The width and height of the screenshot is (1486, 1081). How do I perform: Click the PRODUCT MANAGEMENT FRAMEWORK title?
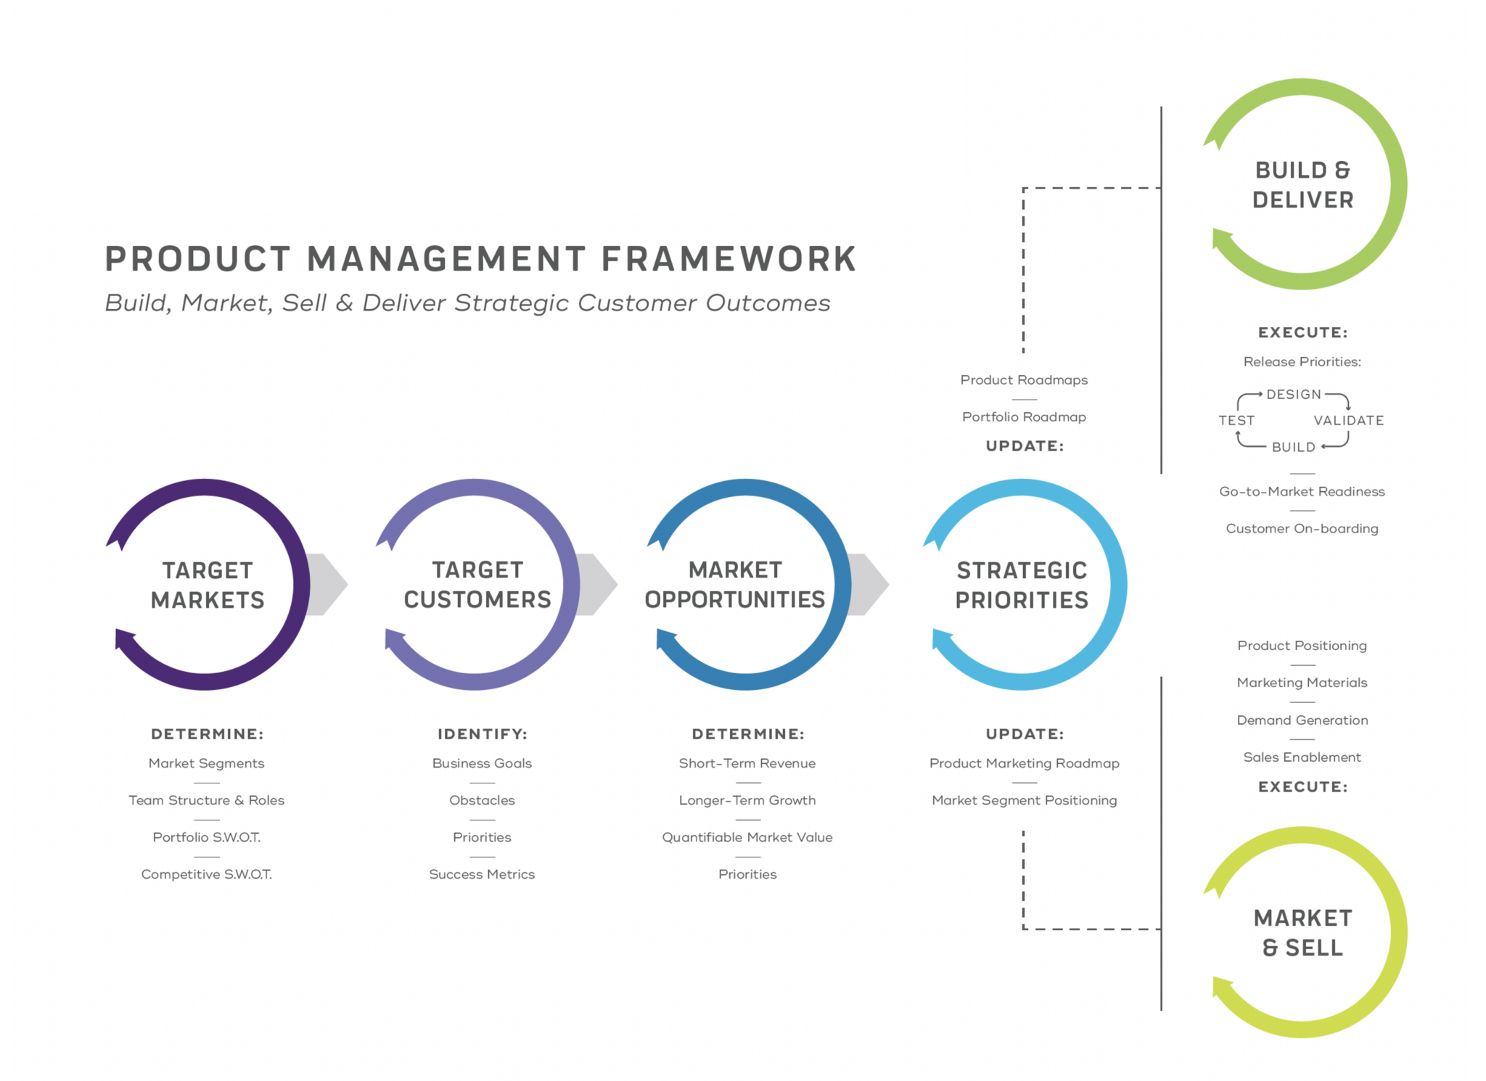point(480,259)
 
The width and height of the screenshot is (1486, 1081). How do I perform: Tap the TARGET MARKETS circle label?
point(208,585)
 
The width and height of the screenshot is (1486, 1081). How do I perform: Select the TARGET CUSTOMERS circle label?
point(477,585)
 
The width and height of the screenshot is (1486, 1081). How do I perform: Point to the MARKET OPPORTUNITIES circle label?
point(735,585)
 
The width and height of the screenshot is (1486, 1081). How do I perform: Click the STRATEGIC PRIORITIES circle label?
point(1022,585)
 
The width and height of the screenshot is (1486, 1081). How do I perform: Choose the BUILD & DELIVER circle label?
point(1302,185)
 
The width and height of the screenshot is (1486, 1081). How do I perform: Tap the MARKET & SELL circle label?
point(1302,933)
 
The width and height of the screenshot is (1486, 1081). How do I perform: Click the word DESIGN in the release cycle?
point(1294,395)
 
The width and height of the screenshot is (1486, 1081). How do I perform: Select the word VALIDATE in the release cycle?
point(1349,421)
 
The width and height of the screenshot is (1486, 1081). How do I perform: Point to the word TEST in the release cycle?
point(1236,421)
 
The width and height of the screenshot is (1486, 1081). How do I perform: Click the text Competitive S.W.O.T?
point(207,874)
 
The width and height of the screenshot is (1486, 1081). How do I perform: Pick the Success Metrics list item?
point(482,874)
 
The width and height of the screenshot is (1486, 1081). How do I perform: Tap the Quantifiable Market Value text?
point(747,837)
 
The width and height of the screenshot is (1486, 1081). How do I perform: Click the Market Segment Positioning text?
point(1024,800)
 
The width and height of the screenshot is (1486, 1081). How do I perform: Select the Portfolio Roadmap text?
point(1024,417)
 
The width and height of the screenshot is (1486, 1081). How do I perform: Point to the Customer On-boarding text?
point(1302,529)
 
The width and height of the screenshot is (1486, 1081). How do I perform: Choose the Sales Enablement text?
point(1302,757)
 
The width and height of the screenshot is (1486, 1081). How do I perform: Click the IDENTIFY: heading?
point(483,734)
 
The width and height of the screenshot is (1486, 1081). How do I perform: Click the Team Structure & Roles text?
point(207,800)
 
